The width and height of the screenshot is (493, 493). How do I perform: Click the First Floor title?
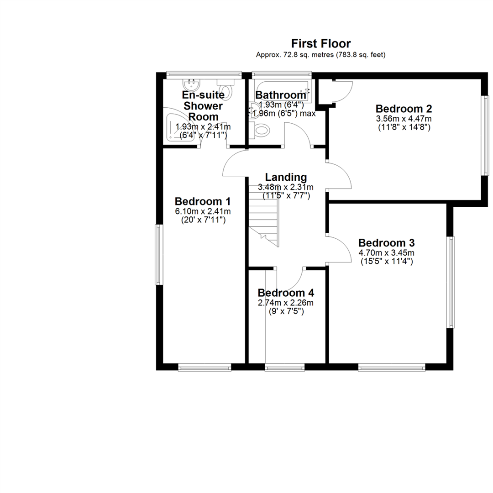coord(321,43)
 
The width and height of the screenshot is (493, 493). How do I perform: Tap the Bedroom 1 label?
coord(203,201)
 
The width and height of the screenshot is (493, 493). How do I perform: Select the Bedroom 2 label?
coord(404,109)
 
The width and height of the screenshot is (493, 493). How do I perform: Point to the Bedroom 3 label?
coord(387,243)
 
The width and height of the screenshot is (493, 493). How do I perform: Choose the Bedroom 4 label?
coord(286,293)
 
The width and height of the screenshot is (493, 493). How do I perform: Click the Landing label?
coord(286,177)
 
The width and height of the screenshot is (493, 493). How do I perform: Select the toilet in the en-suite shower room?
coord(226,89)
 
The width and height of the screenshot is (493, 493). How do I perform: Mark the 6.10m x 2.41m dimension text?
coord(203,211)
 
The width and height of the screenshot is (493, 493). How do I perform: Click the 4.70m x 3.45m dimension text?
coord(387,252)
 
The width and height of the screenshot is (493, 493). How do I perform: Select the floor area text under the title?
coord(321,55)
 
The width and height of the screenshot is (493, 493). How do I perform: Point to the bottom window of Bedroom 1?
coord(205,367)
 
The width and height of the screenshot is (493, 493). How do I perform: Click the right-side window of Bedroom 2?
coord(487,135)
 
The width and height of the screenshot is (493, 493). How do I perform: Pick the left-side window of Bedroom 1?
coord(159,255)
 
